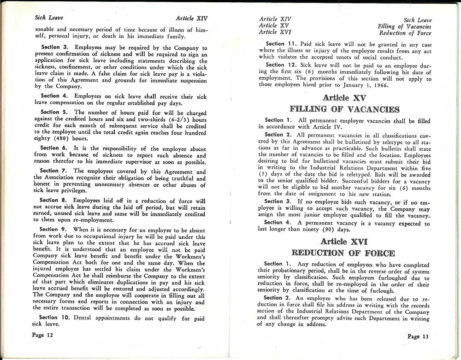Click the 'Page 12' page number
(43, 335)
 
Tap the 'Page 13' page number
(418, 336)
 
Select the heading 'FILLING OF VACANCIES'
(344, 109)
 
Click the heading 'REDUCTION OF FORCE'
(343, 253)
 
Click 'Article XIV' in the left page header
(192, 19)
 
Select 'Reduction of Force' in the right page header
(405, 33)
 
